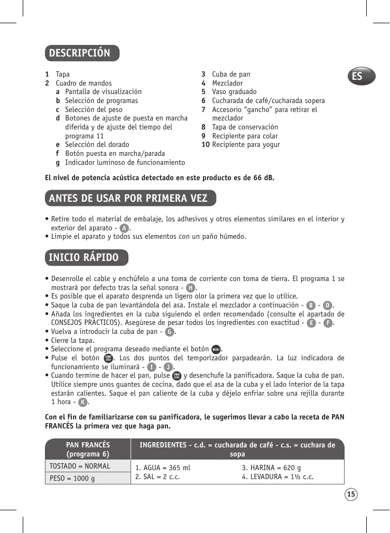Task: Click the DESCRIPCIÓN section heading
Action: pos(80,53)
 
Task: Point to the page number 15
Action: pos(351,494)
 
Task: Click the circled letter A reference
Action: pos(124,228)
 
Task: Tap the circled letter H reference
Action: pos(191,287)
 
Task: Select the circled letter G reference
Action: pos(169,332)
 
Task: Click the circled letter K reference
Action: pos(82,403)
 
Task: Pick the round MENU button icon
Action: pos(216,349)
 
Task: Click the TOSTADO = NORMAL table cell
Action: pos(80,466)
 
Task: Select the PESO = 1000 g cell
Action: pos(72,478)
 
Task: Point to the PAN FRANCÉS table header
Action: pos(88,449)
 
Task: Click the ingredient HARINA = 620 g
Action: pos(271,467)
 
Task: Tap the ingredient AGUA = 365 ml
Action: pos(163,467)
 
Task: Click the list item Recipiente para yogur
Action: pos(246,144)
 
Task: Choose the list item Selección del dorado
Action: pos(97,144)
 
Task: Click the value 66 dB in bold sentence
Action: pos(263,177)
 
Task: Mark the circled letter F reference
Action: pos(328,323)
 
